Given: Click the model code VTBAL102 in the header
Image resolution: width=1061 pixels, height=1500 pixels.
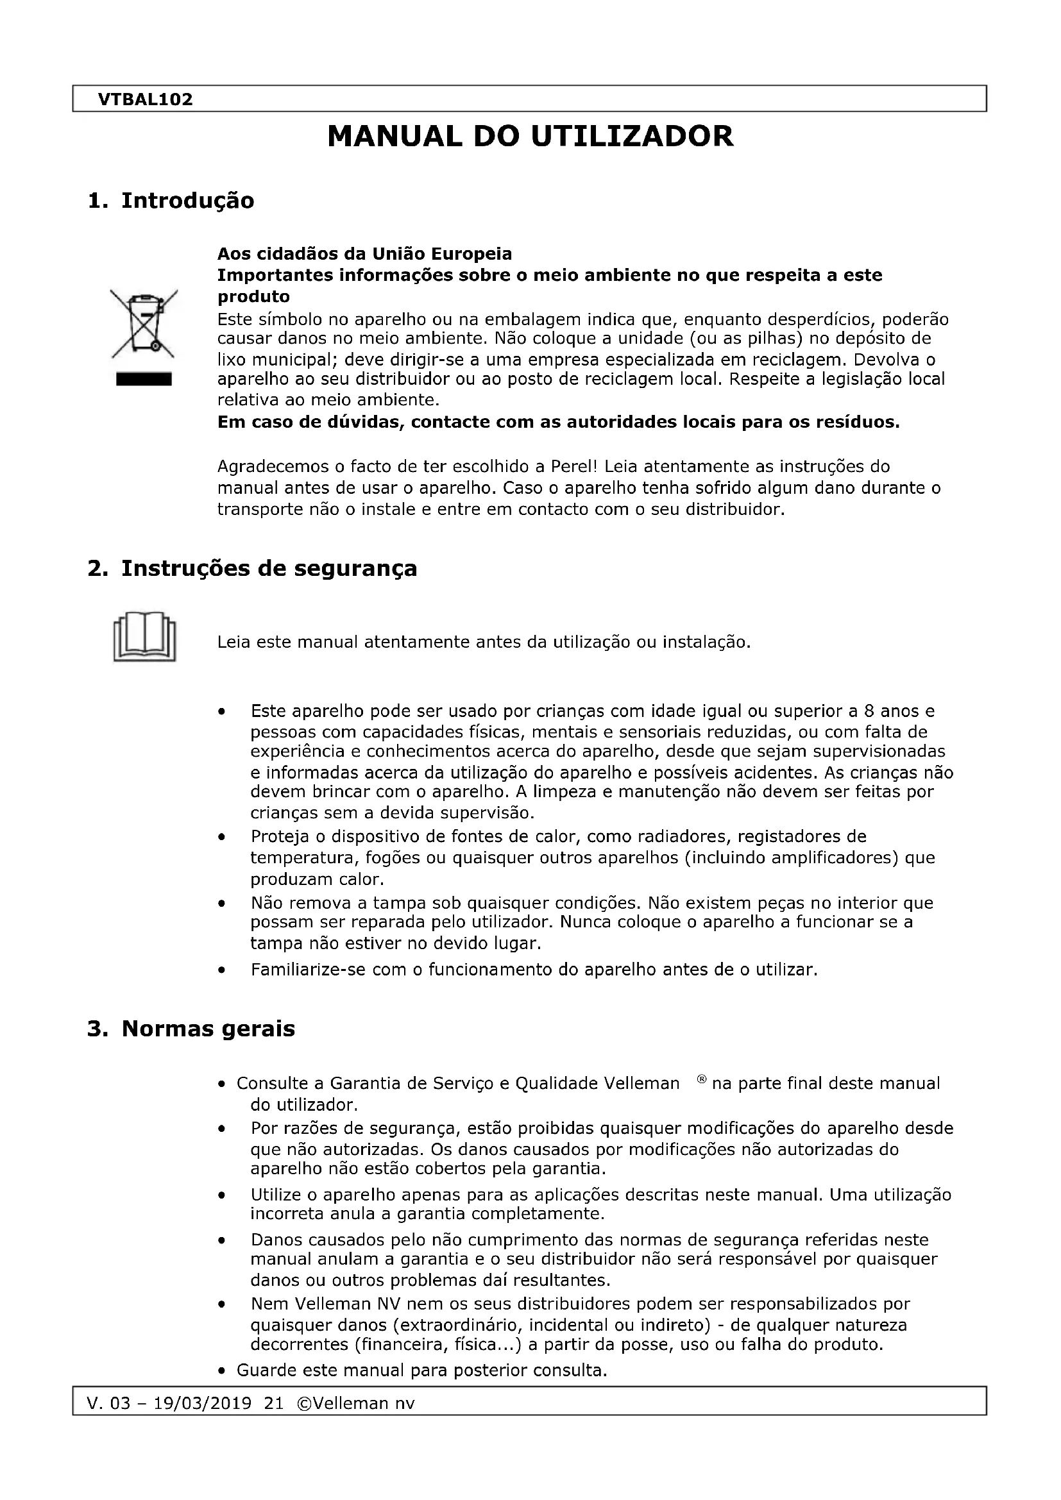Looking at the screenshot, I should (x=145, y=99).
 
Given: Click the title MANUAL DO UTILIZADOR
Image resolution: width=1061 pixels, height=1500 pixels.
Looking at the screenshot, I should (x=530, y=137).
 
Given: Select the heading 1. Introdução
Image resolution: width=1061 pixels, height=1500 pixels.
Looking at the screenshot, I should (x=171, y=201).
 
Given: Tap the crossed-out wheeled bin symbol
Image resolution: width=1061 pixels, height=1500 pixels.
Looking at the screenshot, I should (x=144, y=324).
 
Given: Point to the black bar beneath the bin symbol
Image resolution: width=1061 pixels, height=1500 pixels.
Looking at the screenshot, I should (x=144, y=380).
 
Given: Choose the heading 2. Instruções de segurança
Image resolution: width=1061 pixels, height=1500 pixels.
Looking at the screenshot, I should (x=252, y=568).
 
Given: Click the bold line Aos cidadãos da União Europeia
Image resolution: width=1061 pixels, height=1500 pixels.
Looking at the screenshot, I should (x=364, y=253).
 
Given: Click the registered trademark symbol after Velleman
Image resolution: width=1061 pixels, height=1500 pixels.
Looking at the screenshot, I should (x=702, y=1079).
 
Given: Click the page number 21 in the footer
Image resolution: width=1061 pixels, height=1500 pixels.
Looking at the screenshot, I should (x=275, y=1403).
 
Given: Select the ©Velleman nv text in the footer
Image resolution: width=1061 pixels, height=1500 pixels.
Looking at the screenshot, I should (x=355, y=1403).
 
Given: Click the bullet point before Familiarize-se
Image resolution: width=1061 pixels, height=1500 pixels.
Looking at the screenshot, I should (x=223, y=970).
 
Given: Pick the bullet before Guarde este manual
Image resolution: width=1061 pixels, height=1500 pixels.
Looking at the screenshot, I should (x=223, y=1370).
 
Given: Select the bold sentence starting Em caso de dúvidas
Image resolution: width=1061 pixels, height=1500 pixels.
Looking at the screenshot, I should (x=558, y=422).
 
